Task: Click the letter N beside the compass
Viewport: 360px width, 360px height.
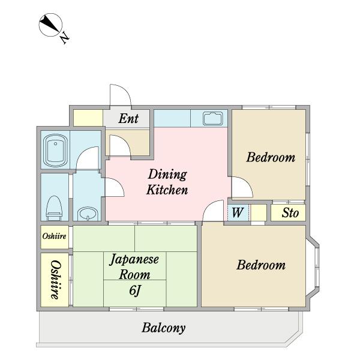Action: [65, 38]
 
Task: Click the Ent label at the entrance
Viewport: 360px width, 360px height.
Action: [128, 118]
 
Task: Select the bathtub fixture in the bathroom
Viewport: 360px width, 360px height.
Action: [55, 151]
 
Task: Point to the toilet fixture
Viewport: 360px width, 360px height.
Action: [54, 208]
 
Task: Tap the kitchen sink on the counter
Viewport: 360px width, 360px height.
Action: [213, 118]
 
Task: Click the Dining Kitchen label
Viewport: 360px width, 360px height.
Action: [167, 182]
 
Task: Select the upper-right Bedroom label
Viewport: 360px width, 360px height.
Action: [271, 157]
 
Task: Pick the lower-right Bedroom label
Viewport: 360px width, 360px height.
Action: [261, 265]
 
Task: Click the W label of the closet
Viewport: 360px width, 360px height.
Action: [237, 212]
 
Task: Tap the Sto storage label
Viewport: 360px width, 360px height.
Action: [290, 212]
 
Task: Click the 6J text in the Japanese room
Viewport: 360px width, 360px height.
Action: [135, 290]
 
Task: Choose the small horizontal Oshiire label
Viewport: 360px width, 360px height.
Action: [55, 236]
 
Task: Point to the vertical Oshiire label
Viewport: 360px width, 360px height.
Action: [56, 280]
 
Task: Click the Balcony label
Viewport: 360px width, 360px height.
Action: [163, 328]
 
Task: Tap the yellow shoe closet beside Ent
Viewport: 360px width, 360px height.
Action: [88, 118]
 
